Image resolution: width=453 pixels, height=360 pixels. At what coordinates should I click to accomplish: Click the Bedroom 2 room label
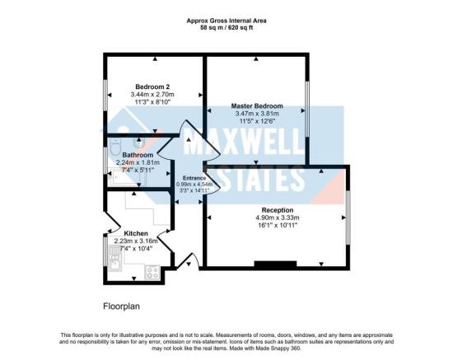153,86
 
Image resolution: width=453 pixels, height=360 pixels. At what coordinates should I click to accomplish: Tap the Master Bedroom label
256,106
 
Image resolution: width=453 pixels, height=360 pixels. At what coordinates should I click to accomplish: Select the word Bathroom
138,155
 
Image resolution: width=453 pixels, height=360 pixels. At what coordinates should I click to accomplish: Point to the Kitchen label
136,232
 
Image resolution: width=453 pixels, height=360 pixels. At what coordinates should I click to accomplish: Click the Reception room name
276,210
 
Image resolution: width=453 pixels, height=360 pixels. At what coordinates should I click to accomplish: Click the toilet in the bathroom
114,152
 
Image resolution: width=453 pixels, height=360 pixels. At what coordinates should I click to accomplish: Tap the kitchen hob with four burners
152,270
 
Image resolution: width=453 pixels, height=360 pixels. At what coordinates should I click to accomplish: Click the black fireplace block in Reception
276,264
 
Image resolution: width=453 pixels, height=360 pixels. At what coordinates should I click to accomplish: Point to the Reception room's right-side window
348,216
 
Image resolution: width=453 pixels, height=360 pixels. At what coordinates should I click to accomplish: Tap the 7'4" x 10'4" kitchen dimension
136,248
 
